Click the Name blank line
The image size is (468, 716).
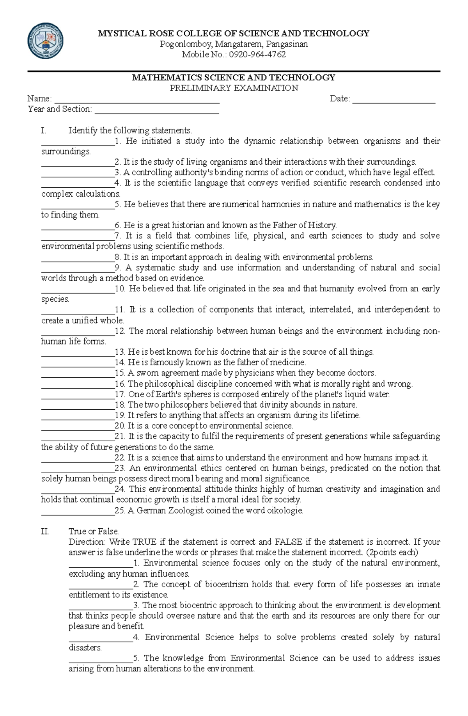136,101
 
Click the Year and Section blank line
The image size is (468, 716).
157,112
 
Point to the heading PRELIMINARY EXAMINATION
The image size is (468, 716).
234,88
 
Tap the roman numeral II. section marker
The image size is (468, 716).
45,531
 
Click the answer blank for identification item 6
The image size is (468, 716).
78,228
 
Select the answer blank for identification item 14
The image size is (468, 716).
78,365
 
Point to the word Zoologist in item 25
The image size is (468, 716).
186,510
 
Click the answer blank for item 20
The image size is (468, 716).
78,428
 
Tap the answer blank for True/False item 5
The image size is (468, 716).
101,661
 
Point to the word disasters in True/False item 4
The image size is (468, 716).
85,648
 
